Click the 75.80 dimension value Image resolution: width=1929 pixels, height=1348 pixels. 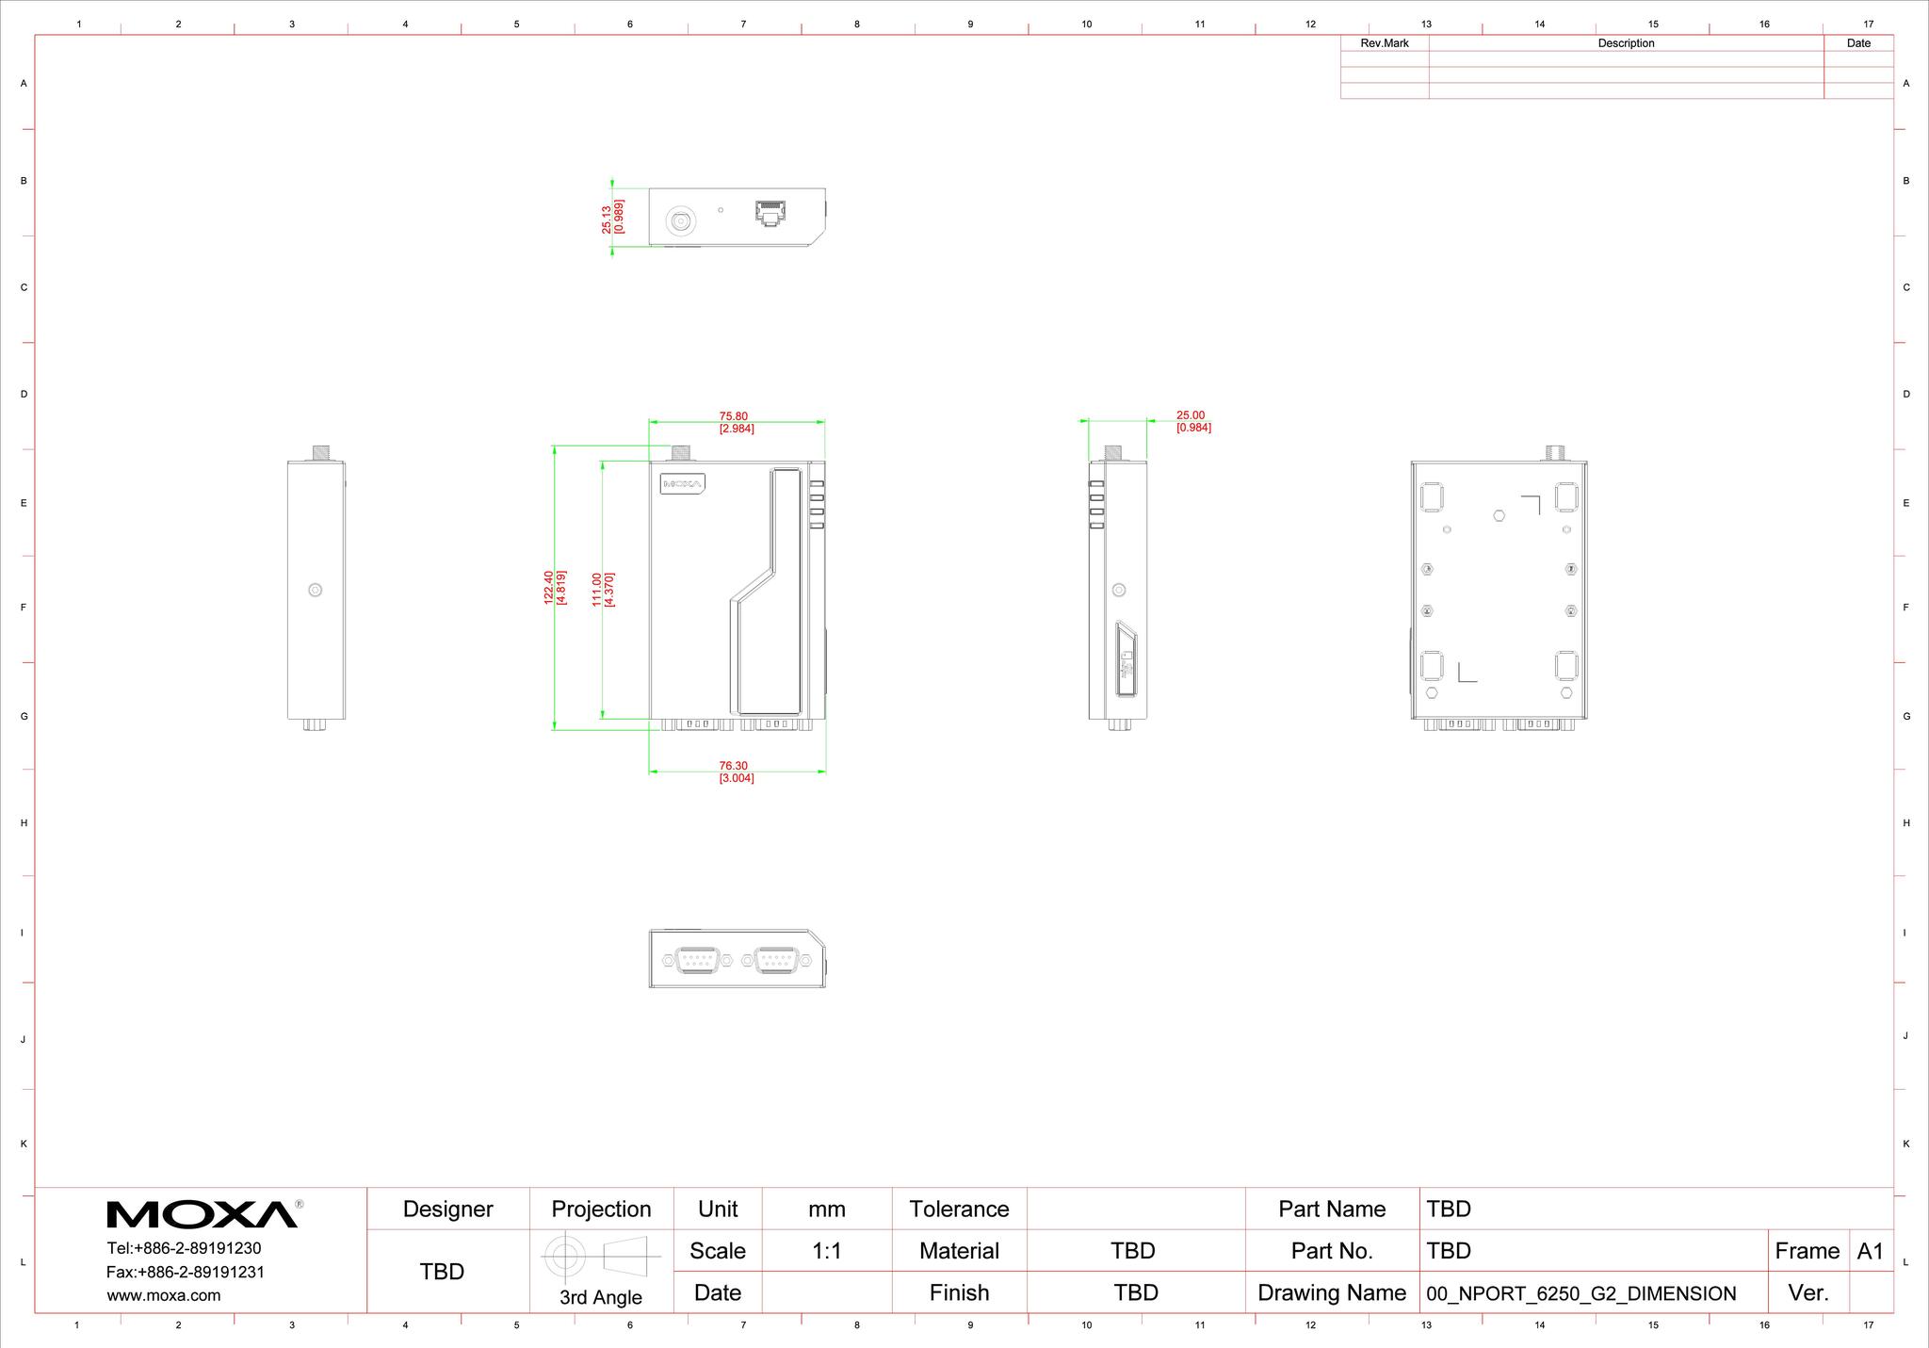coord(734,415)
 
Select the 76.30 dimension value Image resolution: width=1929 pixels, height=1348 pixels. coord(734,766)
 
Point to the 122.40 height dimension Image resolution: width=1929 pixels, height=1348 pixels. coord(549,587)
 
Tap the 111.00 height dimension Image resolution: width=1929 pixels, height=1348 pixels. coord(597,590)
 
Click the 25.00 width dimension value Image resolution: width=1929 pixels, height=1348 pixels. coord(1191,414)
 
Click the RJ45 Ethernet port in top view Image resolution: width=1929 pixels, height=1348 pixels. coord(770,212)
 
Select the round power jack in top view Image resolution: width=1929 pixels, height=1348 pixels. coord(680,221)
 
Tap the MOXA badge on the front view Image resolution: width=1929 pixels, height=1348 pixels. coord(683,483)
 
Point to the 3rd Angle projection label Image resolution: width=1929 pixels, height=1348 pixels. coord(601,1297)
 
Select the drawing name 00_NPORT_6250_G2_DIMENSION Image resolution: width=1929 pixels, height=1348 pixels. coord(1581,1293)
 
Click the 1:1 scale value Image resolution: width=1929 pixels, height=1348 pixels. coord(826,1251)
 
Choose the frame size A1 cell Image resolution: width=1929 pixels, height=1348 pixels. coord(1870,1251)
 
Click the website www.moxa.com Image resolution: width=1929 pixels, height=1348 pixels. coord(164,1295)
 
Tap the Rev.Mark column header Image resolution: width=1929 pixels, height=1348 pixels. coord(1385,43)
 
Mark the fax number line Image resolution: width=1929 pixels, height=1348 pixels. coord(186,1272)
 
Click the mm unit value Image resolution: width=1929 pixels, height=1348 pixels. coord(827,1210)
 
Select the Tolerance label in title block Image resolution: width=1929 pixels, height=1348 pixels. coord(959,1209)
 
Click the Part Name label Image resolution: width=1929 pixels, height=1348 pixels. coord(1332,1209)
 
